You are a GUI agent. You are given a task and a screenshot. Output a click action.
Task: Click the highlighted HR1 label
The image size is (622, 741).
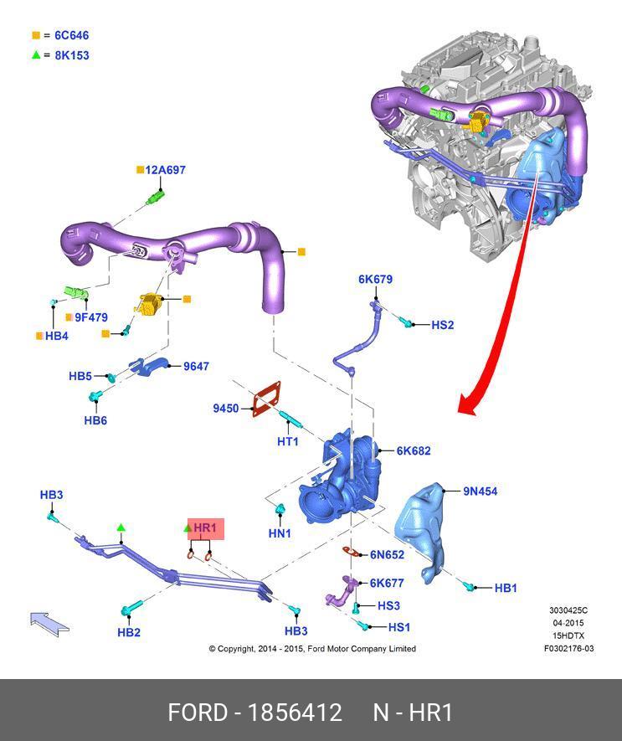pos(205,528)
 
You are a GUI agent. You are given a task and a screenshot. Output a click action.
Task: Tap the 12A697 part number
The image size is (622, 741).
pos(165,170)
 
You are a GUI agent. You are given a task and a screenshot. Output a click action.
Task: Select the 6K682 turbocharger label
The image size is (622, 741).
pos(413,450)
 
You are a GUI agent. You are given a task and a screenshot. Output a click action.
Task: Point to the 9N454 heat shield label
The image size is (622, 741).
pos(480,491)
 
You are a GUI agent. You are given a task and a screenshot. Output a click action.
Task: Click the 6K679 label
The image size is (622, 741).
pos(375,280)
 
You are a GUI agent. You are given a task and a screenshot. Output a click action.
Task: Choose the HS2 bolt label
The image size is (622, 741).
pos(442,325)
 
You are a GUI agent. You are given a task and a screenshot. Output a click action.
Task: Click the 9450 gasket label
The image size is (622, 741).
pos(226,409)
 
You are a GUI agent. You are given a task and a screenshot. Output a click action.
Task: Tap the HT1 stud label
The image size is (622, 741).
pos(288,440)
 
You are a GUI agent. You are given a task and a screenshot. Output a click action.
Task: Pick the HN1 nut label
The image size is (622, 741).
pos(280,533)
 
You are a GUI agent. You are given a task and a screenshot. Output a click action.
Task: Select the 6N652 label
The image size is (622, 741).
pos(387,554)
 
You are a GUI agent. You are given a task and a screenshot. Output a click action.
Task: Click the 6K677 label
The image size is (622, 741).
pos(387,583)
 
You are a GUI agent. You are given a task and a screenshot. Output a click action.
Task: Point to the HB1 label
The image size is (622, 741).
pos(506,589)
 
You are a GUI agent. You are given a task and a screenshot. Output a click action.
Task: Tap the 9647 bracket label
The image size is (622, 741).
pos(196,367)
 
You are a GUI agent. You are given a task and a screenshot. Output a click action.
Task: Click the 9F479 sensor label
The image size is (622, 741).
pos(90,317)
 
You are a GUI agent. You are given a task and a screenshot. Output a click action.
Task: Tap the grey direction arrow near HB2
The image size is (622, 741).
pos(49,623)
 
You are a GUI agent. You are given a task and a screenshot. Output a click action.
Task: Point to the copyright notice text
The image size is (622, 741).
pos(311,649)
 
